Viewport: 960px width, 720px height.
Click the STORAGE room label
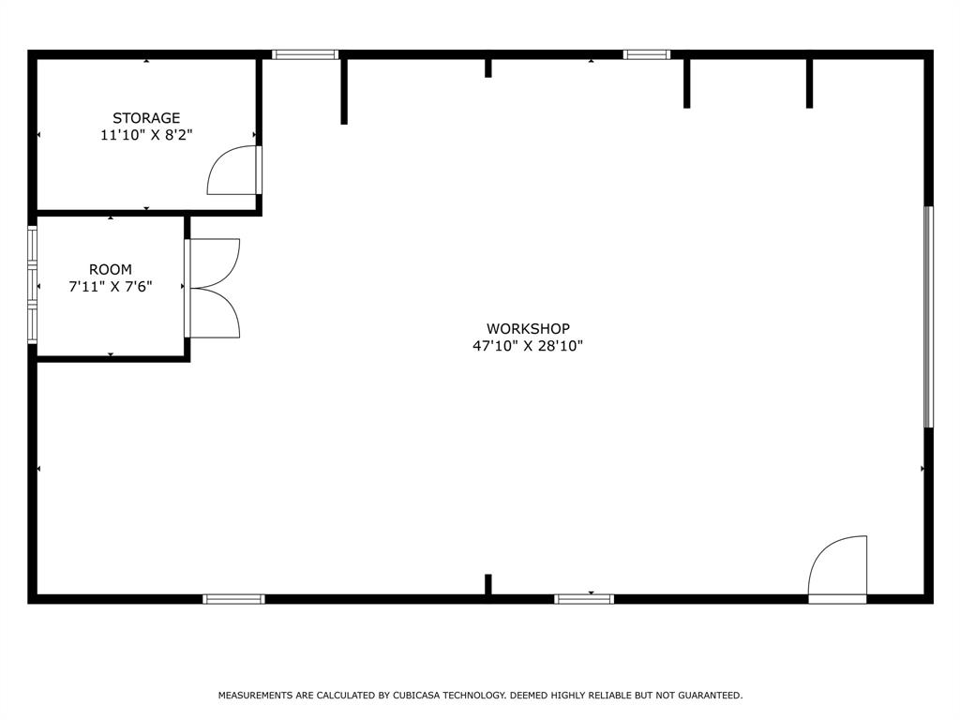[146, 118]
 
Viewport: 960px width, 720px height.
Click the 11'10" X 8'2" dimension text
[146, 135]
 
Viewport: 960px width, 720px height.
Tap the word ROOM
[111, 270]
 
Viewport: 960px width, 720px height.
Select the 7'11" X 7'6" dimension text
[111, 287]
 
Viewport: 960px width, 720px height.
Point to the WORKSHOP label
[528, 329]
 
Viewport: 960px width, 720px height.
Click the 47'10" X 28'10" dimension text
[528, 346]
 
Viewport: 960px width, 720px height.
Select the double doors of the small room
[215, 288]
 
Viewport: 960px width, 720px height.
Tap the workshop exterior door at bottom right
[838, 569]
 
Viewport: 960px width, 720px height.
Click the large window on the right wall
[928, 317]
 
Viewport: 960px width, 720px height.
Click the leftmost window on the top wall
[305, 54]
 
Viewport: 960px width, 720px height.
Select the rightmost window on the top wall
[647, 54]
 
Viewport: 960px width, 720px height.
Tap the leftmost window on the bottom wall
[234, 598]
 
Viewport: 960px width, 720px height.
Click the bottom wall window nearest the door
[584, 598]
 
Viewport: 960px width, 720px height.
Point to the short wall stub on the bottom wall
[488, 584]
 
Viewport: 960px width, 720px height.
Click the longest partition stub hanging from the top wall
[344, 90]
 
